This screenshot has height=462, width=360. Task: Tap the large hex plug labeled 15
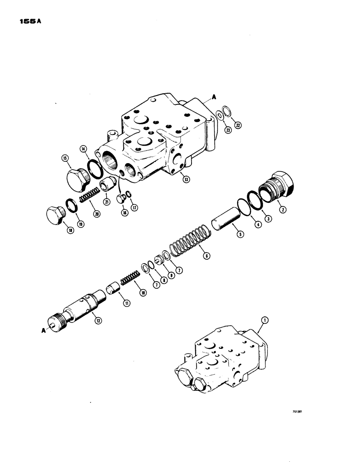coord(78,177)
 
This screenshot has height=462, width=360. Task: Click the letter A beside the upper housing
coord(214,97)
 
